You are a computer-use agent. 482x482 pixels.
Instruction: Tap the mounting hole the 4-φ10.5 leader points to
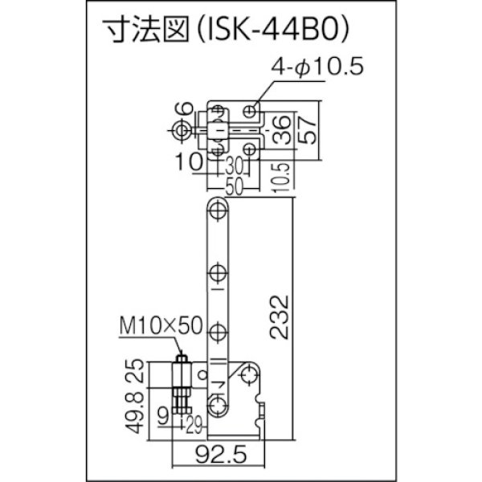point(252,109)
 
